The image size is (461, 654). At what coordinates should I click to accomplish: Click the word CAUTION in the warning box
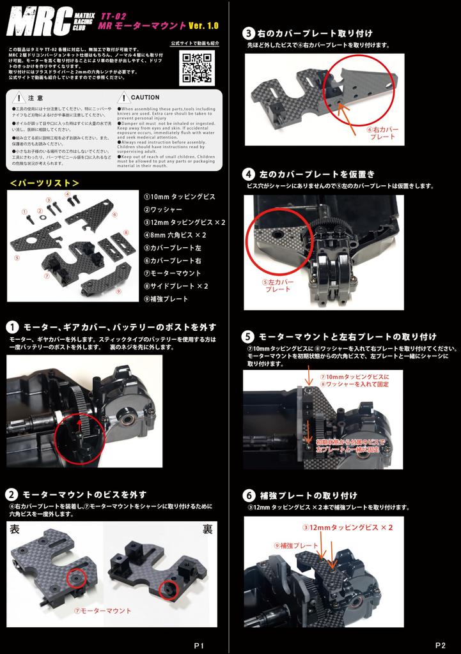pos(145,98)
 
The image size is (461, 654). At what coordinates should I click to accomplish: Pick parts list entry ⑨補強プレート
pos(166,298)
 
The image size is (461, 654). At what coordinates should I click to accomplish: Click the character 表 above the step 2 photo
pos(15,529)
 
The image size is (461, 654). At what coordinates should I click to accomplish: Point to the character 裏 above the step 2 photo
pos(207,529)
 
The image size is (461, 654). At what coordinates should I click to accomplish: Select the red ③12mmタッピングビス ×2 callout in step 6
pos(347,528)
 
